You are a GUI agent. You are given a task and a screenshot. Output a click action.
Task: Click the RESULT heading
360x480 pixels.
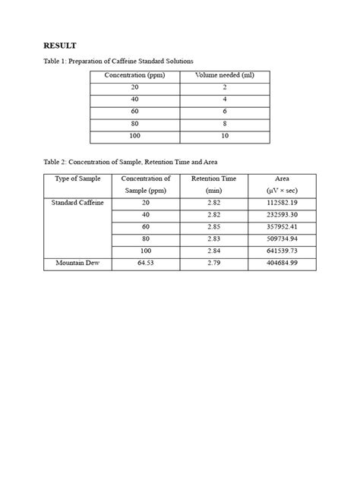pyautogui.click(x=59, y=46)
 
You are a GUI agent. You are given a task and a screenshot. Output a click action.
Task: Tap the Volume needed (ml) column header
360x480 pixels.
pyautogui.click(x=225, y=75)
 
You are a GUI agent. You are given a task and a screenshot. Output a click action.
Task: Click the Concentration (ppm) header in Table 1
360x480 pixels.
pyautogui.click(x=134, y=75)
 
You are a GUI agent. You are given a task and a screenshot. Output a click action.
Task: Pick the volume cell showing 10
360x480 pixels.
pyautogui.click(x=225, y=136)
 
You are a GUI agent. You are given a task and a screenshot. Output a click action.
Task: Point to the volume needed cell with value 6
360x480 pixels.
pyautogui.click(x=225, y=112)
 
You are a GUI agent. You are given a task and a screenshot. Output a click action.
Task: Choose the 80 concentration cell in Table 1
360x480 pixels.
pyautogui.click(x=134, y=124)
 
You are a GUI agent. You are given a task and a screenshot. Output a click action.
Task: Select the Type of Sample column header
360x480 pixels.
pyautogui.click(x=77, y=178)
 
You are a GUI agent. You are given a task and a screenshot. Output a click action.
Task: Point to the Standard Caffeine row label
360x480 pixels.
pyautogui.click(x=77, y=204)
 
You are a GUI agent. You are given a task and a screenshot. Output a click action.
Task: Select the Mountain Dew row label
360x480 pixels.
pyautogui.click(x=77, y=263)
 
